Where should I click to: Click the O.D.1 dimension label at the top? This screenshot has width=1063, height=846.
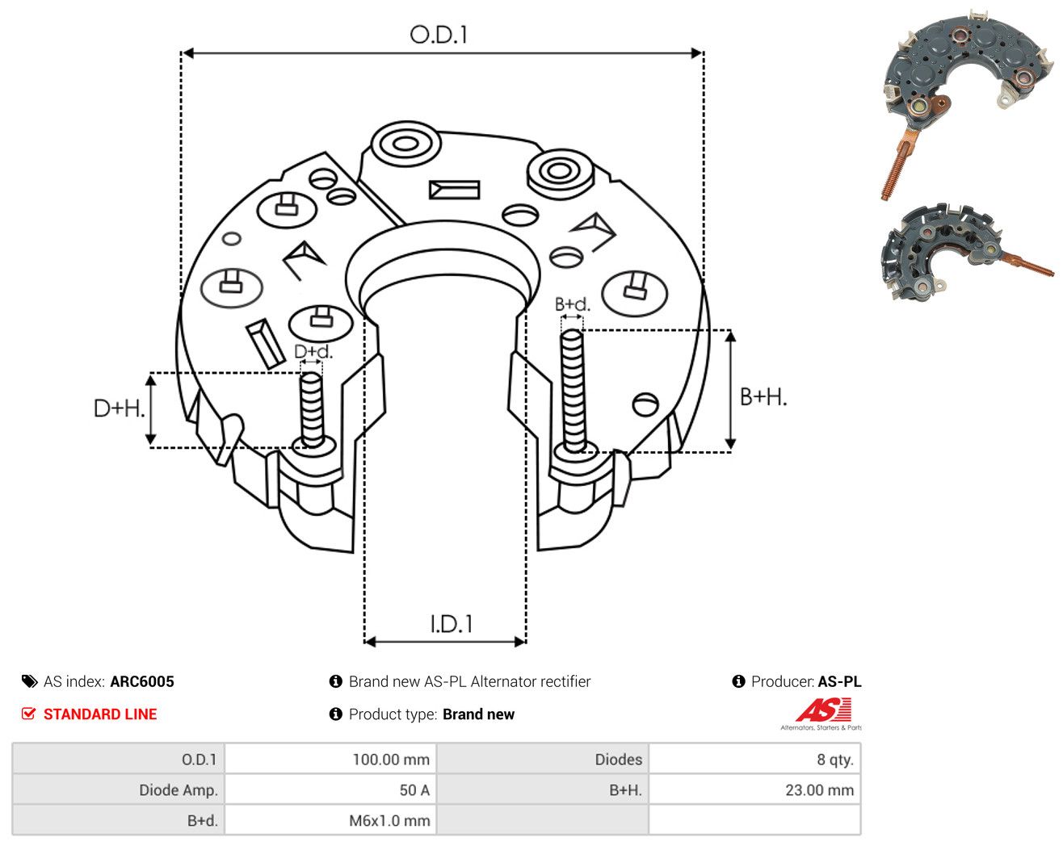438,35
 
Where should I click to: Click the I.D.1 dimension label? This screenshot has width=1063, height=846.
451,624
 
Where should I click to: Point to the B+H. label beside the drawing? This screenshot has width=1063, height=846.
763,397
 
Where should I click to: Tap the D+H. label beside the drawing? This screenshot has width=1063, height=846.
119,408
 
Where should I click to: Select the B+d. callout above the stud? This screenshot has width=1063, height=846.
573,304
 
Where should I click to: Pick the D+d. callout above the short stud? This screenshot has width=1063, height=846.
313,351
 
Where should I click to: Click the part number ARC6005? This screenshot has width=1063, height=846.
142,681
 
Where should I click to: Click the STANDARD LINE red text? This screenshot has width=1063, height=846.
100,714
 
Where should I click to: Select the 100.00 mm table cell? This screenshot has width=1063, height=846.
330,759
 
